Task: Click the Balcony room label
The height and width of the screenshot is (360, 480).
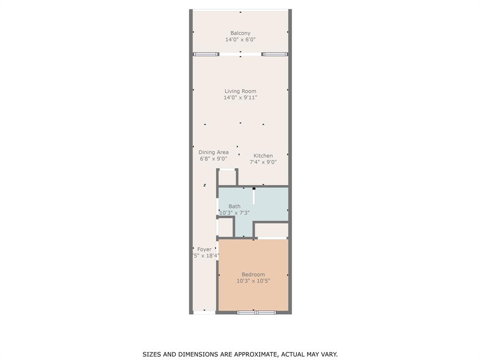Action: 240,33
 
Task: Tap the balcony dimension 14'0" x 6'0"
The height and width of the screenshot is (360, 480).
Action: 240,40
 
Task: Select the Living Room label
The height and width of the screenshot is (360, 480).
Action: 240,91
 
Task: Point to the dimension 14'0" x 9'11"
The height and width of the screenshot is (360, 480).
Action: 240,97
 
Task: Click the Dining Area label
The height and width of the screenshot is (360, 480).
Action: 213,152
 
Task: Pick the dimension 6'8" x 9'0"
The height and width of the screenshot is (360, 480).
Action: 213,159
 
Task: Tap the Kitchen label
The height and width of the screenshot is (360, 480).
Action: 263,156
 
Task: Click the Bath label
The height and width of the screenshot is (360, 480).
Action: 234,206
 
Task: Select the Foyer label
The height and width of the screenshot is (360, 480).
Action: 204,249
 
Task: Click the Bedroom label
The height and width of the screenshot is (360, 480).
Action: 253,274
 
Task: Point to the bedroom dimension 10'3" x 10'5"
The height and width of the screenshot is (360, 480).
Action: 253,281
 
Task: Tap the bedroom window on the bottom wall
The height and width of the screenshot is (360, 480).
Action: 256,312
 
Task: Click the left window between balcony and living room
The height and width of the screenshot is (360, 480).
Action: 206,54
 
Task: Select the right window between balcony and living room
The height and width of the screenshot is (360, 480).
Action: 275,54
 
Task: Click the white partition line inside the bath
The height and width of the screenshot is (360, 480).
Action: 254,197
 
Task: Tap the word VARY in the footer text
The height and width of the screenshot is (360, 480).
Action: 329,354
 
